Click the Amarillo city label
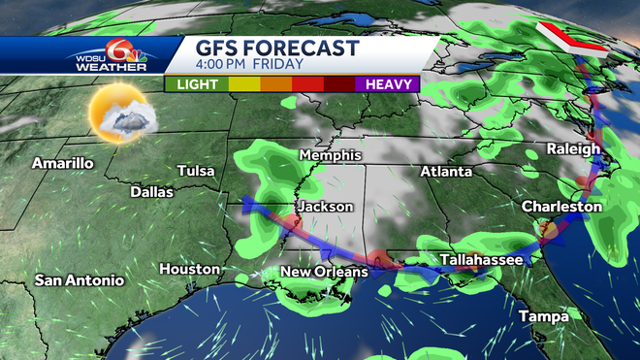62,163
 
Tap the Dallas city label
151,192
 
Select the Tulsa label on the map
195,171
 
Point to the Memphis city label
331,155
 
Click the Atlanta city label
446,172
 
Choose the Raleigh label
573,148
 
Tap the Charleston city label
561,207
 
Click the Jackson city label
325,207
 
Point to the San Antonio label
80,280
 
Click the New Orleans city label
324,272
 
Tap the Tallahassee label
481,260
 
